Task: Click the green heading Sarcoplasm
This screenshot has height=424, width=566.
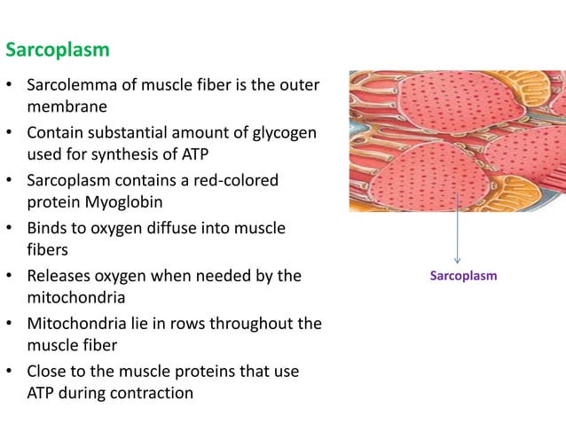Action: tap(58, 50)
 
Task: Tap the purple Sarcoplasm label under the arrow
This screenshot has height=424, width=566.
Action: tap(463, 276)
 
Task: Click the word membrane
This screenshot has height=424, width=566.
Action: tap(67, 106)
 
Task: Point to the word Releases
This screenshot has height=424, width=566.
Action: tap(61, 276)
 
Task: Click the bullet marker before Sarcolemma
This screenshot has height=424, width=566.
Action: tap(9, 86)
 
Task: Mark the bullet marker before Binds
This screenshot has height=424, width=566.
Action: tap(9, 229)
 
